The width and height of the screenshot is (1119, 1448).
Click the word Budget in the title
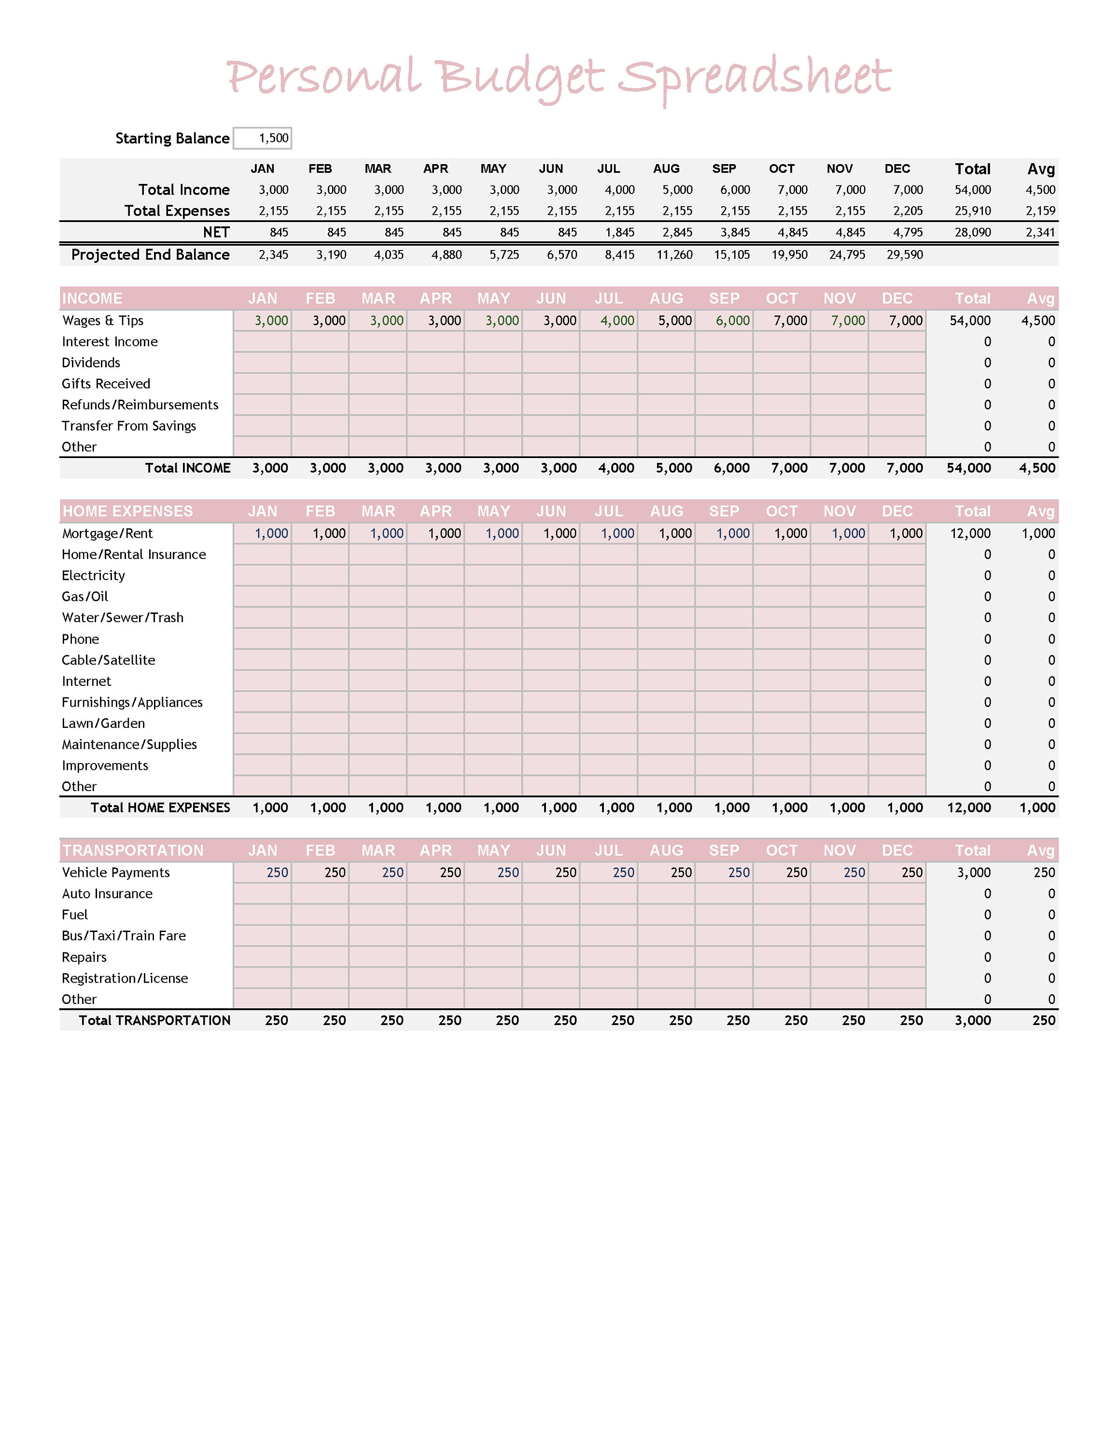[x=520, y=78]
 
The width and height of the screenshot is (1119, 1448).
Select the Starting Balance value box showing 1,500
[x=263, y=138]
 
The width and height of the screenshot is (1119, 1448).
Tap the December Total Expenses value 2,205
[x=908, y=211]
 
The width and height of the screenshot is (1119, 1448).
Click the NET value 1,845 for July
[x=619, y=232]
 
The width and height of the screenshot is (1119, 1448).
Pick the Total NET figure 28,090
[x=973, y=232]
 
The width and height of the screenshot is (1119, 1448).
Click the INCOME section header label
[x=92, y=298]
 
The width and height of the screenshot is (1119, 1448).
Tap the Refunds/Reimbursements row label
[x=140, y=404]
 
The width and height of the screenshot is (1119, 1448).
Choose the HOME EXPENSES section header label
[x=127, y=511]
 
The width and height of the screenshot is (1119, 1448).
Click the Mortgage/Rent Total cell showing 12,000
[x=970, y=533]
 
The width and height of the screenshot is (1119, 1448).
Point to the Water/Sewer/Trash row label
[x=123, y=617]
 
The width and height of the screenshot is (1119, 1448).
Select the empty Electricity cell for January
[x=263, y=575]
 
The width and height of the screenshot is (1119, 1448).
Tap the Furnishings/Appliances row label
[x=132, y=702]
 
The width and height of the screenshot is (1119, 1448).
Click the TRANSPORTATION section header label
[x=133, y=850]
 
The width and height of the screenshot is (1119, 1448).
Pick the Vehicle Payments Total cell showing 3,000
[x=973, y=873]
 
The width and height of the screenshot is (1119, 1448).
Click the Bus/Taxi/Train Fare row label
[x=124, y=935]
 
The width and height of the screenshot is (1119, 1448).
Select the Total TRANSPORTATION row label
[x=154, y=1020]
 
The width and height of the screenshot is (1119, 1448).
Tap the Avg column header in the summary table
[x=1040, y=169]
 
